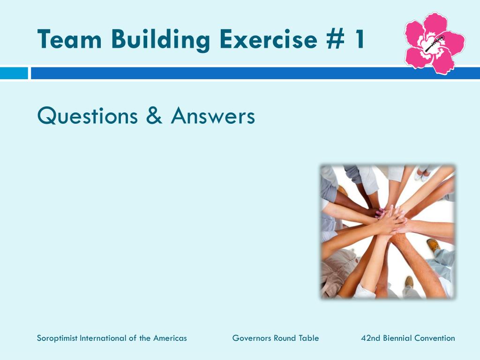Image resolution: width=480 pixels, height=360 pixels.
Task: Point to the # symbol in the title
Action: point(333,39)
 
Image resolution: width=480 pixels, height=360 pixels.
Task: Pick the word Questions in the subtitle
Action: point(88,116)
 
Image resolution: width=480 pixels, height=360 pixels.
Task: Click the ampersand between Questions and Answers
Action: point(154,116)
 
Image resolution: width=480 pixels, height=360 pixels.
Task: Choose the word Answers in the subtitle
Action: point(213,116)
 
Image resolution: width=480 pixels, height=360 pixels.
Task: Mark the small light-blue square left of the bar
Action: point(14,73)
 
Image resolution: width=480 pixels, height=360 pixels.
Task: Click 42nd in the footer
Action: point(370,338)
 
